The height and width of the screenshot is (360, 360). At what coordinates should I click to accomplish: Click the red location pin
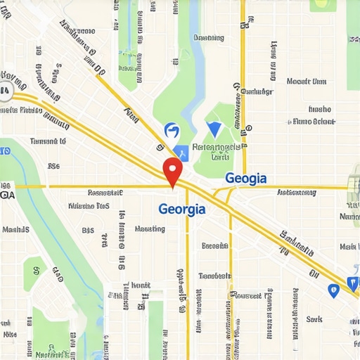[172, 170]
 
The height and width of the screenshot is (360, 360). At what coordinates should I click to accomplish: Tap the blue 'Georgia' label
[182, 209]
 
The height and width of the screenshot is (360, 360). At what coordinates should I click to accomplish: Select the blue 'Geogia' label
[245, 179]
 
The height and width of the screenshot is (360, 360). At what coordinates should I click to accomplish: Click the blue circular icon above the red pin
[171, 130]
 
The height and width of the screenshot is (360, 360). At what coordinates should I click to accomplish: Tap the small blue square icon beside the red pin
[181, 150]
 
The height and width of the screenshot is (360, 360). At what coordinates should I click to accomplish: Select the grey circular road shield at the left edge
[5, 91]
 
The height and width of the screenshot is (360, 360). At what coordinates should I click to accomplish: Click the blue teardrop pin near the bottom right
[333, 289]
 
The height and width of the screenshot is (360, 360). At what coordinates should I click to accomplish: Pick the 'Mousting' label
[149, 229]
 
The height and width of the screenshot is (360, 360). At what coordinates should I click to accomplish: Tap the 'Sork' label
[314, 319]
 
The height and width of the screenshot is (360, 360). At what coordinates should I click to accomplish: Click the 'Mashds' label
[15, 229]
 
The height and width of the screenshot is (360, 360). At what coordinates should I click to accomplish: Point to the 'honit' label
[141, 285]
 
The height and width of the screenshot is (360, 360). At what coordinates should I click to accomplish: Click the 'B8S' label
[88, 229]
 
